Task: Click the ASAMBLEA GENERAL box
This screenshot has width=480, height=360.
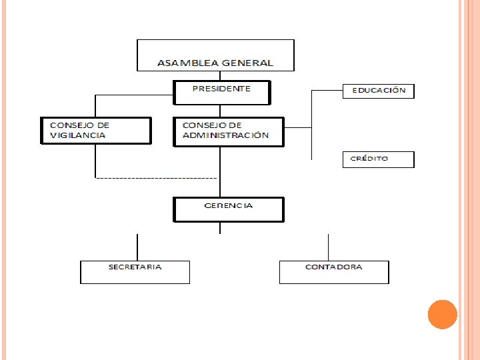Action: coord(215,55)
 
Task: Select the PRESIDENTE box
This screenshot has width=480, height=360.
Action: coord(222,93)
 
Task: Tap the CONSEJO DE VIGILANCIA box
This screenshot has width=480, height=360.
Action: coord(95,131)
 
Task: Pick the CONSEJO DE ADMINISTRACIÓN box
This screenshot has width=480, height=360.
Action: coord(229,131)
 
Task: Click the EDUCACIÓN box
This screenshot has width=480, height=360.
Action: coord(378,91)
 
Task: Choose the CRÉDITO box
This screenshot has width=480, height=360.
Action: coord(378,159)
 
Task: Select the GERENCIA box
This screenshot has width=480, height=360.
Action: coord(228,209)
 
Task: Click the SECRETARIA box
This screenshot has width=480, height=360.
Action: coord(135,272)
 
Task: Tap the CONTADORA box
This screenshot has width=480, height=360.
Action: coord(333,272)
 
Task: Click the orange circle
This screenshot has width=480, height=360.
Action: coord(442,315)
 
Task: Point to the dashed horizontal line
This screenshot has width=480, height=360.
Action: coord(156,178)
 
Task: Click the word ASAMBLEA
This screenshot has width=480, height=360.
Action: coord(179,63)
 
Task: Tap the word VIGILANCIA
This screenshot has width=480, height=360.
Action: coord(78,135)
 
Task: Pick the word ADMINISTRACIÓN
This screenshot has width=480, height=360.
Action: coord(226,135)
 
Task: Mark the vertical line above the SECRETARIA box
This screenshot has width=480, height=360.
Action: coord(137,247)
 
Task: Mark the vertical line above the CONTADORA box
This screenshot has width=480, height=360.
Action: coord(328,247)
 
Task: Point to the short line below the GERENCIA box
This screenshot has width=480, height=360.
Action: coord(221,228)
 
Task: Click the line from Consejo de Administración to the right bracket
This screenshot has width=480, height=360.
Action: coord(297,127)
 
